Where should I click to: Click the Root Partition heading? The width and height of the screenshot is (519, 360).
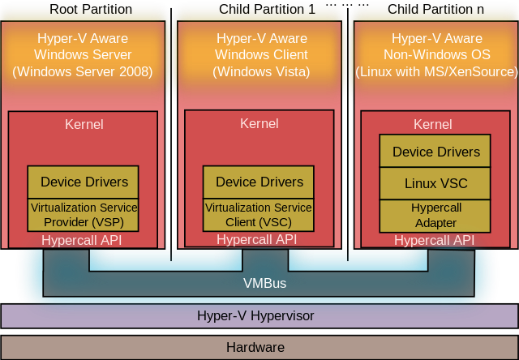click(x=91, y=9)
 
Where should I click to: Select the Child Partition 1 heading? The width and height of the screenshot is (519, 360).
click(x=267, y=9)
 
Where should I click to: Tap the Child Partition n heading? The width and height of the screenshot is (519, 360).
click(x=435, y=9)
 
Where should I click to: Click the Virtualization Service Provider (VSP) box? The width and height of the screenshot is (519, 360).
click(x=83, y=215)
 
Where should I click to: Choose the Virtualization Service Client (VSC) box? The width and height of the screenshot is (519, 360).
click(x=259, y=215)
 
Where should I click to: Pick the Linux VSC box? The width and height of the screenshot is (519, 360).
click(x=435, y=183)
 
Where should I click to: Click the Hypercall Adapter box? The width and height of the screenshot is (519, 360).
click(x=435, y=216)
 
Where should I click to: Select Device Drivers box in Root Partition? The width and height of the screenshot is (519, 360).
click(x=83, y=182)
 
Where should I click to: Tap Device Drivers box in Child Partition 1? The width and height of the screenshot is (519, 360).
click(x=259, y=182)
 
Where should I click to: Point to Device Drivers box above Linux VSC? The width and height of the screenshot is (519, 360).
click(x=435, y=151)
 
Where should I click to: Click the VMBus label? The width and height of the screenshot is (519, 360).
click(x=265, y=283)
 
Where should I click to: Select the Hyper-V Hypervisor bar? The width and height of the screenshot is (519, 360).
click(x=259, y=316)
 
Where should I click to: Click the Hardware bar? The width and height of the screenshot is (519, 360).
click(x=259, y=347)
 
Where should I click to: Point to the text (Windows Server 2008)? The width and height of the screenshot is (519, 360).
click(x=83, y=71)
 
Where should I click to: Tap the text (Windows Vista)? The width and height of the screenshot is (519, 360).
click(x=261, y=71)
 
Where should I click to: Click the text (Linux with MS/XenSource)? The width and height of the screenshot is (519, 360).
click(x=436, y=71)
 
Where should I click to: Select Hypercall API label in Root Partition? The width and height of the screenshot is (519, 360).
click(x=82, y=240)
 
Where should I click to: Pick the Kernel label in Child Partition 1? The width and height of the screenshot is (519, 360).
click(x=259, y=124)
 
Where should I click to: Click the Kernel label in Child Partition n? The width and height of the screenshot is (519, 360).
click(x=432, y=124)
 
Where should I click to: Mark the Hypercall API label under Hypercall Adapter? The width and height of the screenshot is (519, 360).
click(x=435, y=240)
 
